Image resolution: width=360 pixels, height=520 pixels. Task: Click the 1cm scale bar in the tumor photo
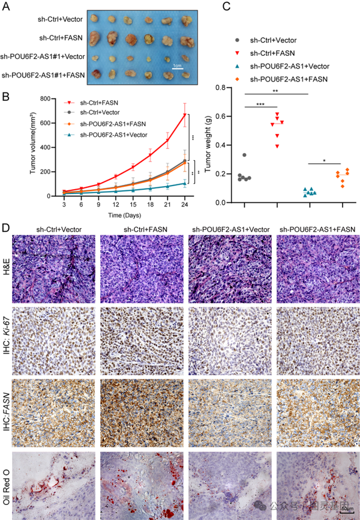pos(177,67)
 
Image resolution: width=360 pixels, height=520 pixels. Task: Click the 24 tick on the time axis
pos(185,204)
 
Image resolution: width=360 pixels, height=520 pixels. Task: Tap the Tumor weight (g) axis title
pos(208,145)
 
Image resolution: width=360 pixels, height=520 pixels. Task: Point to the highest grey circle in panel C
pos(244,156)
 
